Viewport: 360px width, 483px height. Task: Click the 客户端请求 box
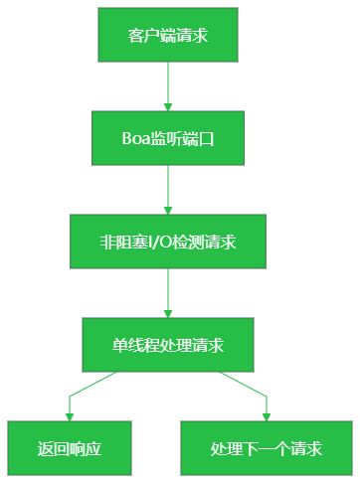[168, 35]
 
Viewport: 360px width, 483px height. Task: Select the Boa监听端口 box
[168, 138]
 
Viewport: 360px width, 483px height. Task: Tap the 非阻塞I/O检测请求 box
[168, 241]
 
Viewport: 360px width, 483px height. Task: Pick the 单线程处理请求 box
[168, 345]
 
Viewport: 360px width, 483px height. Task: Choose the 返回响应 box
[70, 448]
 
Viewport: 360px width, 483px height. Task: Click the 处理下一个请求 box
[267, 448]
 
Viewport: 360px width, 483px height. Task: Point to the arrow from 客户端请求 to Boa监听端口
[168, 85]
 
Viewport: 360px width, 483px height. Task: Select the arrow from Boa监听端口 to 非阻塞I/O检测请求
[168, 189]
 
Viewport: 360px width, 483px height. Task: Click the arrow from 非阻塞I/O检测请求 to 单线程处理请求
[168, 292]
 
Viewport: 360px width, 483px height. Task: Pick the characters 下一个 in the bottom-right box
[266, 449]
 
